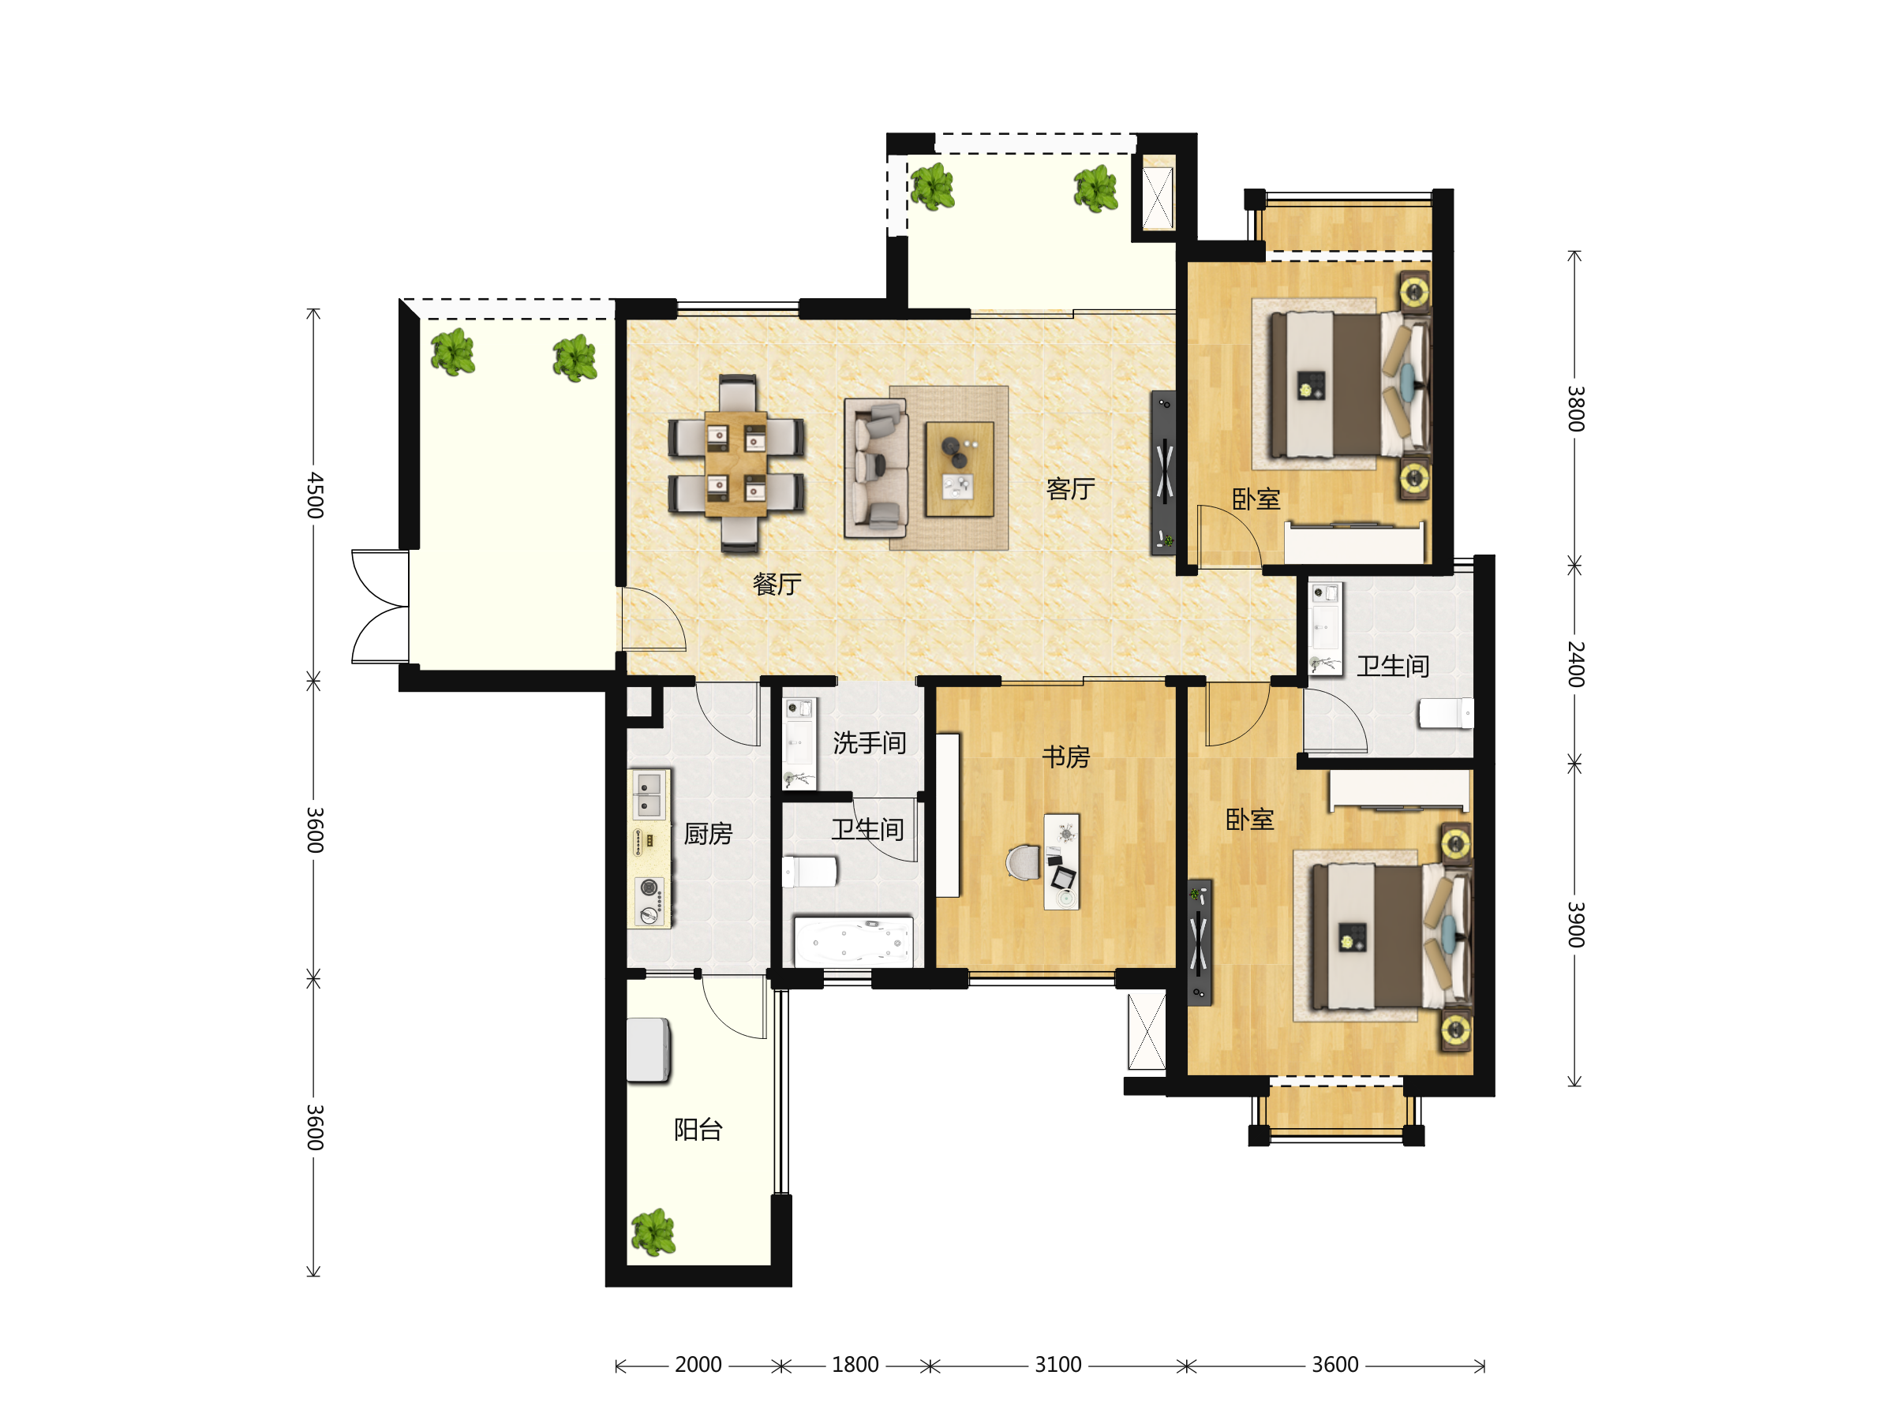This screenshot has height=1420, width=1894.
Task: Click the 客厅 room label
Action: (x=1070, y=489)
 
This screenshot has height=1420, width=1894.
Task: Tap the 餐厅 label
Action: (x=777, y=584)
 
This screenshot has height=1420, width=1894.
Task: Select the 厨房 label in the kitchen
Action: (x=708, y=833)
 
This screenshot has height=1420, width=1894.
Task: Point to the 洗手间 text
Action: (x=869, y=742)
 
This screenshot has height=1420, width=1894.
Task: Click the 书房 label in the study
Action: (x=1065, y=756)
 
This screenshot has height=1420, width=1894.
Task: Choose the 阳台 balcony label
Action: (x=698, y=1129)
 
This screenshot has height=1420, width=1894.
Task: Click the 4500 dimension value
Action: (x=315, y=495)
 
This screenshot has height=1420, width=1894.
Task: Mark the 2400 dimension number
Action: (x=1575, y=663)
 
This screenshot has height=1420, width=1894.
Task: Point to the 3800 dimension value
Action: (x=1575, y=409)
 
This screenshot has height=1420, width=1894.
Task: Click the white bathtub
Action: (x=854, y=941)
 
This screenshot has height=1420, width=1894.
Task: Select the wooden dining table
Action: (x=736, y=463)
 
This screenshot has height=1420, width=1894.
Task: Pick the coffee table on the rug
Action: (x=959, y=469)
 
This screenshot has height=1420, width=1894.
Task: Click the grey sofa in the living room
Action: (x=876, y=467)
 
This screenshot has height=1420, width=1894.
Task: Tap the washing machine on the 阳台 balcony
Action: (x=648, y=1049)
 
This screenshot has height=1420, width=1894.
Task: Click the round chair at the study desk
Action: (x=1024, y=862)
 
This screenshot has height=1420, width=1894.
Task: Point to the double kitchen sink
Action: (x=649, y=795)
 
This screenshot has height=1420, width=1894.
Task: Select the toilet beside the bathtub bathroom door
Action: (x=810, y=873)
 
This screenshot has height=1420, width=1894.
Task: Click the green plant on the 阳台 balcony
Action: (x=653, y=1231)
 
